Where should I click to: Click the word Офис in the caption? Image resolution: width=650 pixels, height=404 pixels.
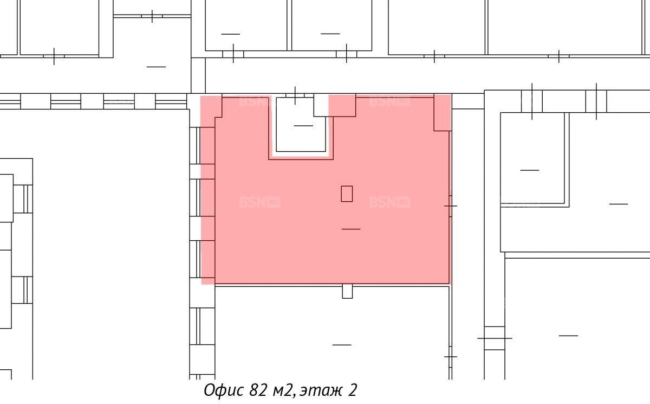pos(223,390)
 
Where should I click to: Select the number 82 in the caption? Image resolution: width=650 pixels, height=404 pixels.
pos(258,390)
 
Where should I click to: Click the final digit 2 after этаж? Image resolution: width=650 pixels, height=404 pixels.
pos(352,390)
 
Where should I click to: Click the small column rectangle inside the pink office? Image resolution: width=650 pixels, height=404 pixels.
pos(347,194)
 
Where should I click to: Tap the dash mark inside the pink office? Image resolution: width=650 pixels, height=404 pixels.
pos(351,229)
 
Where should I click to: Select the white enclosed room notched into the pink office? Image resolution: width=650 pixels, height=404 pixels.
pos(301,124)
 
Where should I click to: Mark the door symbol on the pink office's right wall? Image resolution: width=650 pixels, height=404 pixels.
pos(450,206)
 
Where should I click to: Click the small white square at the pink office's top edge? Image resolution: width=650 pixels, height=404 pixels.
pos(321,105)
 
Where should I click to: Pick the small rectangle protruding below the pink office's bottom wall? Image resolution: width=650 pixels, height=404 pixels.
pos(347,291)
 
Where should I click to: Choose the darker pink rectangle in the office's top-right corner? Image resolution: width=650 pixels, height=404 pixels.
pos(442,112)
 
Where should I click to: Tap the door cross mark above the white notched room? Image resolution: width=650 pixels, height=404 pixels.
pos(295,95)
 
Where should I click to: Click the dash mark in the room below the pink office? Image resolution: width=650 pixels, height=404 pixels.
pos(342,345)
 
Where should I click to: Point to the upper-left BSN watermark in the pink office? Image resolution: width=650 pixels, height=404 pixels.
pos(255,101)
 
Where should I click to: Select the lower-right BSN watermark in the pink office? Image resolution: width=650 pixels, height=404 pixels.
pos(389,202)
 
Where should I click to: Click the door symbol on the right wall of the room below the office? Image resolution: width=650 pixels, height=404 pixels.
pos(450,357)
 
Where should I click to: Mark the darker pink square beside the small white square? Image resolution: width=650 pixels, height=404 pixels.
pos(342,105)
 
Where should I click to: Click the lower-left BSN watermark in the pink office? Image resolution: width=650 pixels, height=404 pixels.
pos(259,202)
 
